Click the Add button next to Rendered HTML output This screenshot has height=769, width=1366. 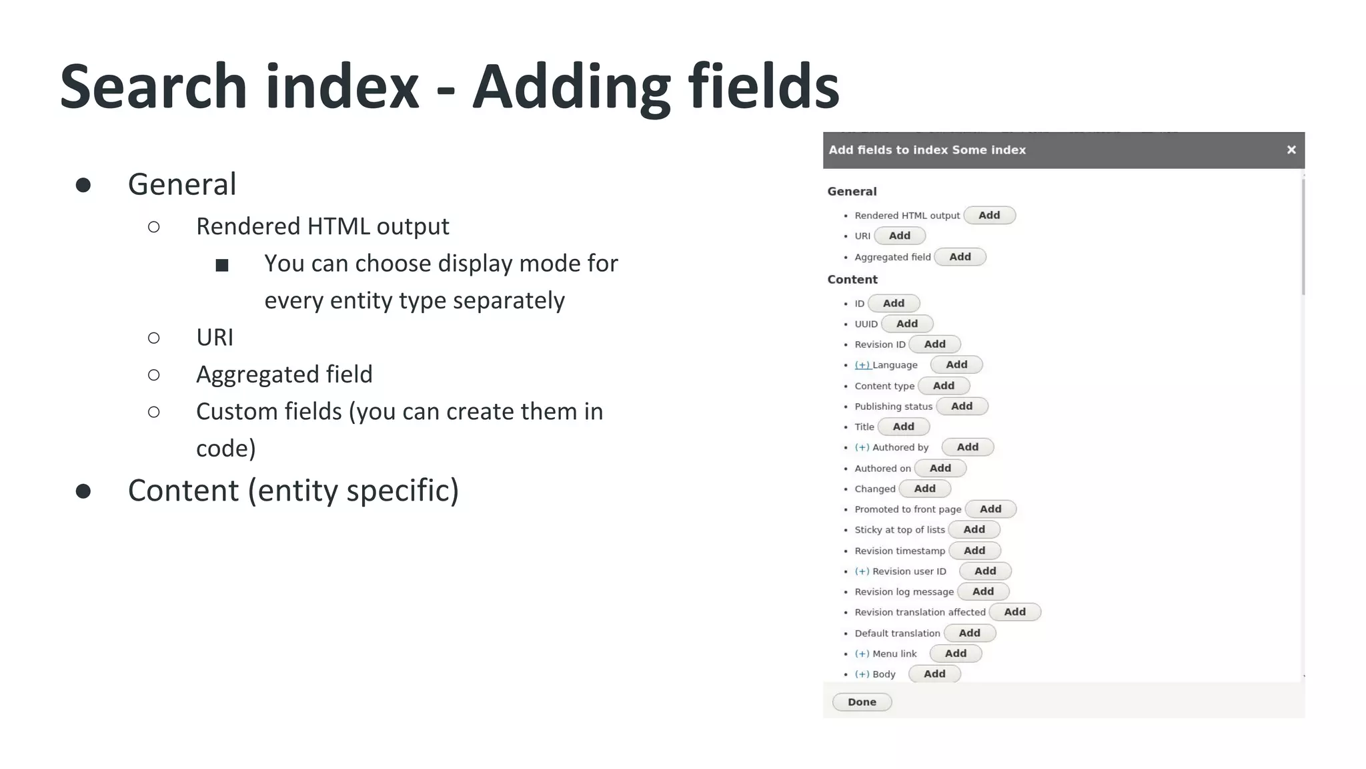(x=989, y=216)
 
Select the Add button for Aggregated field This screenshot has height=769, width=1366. (x=960, y=257)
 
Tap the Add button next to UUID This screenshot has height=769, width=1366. (x=906, y=324)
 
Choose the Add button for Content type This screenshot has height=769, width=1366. (x=943, y=386)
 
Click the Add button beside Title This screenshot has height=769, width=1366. (x=903, y=427)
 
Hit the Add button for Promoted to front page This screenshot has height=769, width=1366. (x=990, y=509)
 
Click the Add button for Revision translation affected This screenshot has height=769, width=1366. (x=1014, y=612)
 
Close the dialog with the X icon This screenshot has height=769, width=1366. (x=1291, y=150)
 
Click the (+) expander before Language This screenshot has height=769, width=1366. (x=862, y=365)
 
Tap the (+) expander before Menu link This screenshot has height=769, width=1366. (x=862, y=654)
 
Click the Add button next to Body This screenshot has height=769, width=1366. (x=934, y=674)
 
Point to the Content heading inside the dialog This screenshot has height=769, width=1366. (x=852, y=280)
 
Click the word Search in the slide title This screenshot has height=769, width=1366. (x=153, y=87)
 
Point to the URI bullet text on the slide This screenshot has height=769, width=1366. (x=215, y=338)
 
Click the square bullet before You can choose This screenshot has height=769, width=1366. (x=222, y=266)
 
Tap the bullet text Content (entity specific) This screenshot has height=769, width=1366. (x=293, y=491)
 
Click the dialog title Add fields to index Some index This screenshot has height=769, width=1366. (x=927, y=150)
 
